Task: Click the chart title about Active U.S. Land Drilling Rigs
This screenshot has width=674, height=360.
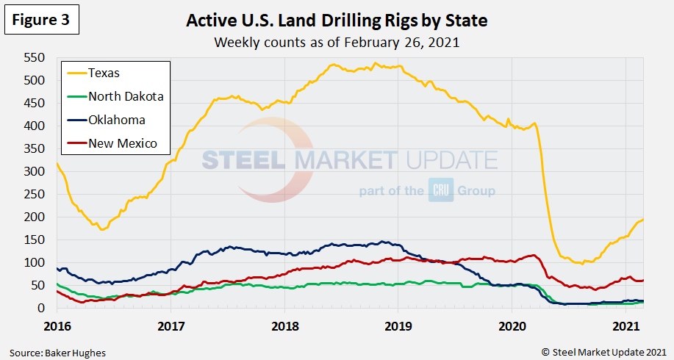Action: click(337, 20)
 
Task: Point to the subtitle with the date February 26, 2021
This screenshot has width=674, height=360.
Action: click(337, 42)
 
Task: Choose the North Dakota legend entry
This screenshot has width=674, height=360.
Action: click(125, 96)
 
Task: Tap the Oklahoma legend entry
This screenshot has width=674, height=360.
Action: click(116, 120)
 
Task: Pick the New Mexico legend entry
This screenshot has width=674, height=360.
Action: click(122, 143)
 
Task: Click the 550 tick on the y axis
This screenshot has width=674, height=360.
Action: click(35, 57)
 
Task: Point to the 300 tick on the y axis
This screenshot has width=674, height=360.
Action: click(35, 172)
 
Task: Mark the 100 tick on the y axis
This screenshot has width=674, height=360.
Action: click(35, 263)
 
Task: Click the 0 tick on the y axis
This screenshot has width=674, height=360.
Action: click(43, 309)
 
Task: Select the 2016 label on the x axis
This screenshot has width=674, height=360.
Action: click(57, 325)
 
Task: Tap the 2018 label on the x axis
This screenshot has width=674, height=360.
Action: click(284, 325)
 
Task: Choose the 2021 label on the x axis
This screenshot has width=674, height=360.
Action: click(625, 325)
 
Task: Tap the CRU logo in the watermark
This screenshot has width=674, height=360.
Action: click(438, 191)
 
